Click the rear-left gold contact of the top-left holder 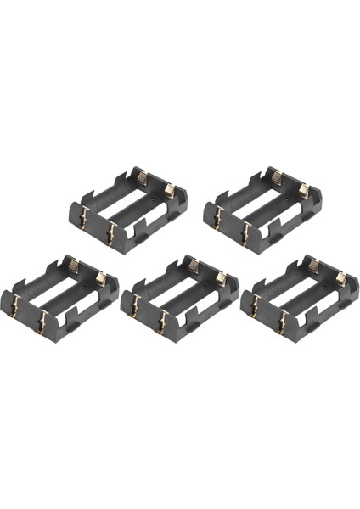(x=141, y=179)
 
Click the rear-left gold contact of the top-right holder (x=276, y=179)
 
